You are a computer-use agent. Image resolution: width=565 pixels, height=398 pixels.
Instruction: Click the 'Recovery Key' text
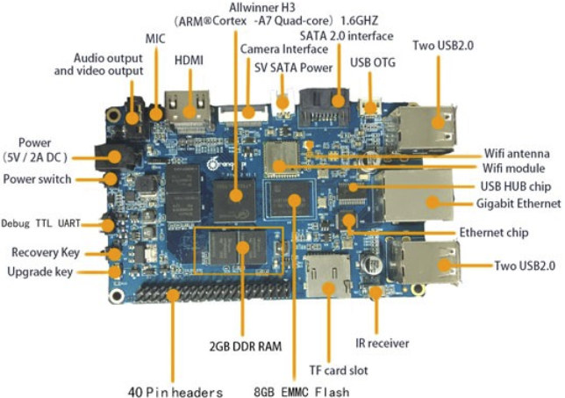(x=46, y=253)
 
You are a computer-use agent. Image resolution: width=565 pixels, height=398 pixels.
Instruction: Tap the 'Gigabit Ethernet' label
(x=519, y=204)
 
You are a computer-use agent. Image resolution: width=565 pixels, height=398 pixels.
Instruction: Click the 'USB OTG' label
(x=372, y=62)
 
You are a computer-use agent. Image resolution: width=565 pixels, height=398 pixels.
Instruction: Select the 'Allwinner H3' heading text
(x=260, y=7)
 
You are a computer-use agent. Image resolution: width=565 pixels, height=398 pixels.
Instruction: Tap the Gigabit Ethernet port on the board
(x=421, y=195)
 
